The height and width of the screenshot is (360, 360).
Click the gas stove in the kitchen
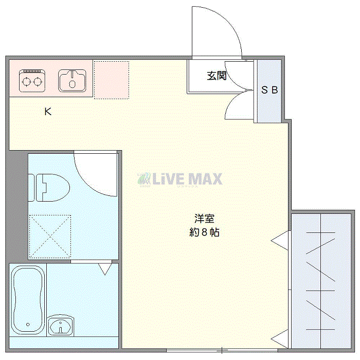tap(32, 81)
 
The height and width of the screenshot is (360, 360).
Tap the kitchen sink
tap(72, 81)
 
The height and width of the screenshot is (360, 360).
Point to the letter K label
tap(48, 112)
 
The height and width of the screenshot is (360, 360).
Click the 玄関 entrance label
tap(217, 76)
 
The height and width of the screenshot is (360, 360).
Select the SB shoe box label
tap(269, 90)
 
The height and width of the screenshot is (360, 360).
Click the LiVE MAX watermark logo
tap(180, 179)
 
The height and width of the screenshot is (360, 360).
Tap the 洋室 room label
tap(204, 219)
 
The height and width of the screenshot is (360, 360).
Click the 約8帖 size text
tap(204, 232)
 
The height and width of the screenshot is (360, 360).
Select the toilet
tap(49, 188)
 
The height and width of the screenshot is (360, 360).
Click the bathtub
tap(28, 300)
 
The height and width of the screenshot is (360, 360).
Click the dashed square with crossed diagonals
tap(50, 236)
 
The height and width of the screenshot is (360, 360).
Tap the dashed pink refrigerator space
tap(112, 80)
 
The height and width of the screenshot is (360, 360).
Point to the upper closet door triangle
tap(280, 241)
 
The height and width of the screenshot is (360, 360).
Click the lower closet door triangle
tap(280, 339)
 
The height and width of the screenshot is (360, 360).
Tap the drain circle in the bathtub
tap(28, 325)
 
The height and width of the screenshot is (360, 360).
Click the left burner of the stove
tap(26, 82)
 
